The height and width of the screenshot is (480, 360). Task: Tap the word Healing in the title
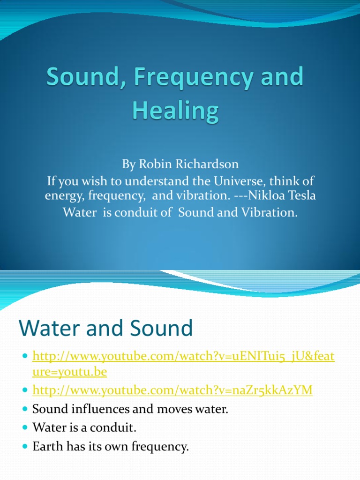[x=175, y=111]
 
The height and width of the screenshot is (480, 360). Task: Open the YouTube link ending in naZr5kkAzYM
[x=172, y=390]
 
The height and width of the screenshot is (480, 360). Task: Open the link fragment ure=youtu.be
[x=70, y=372]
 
